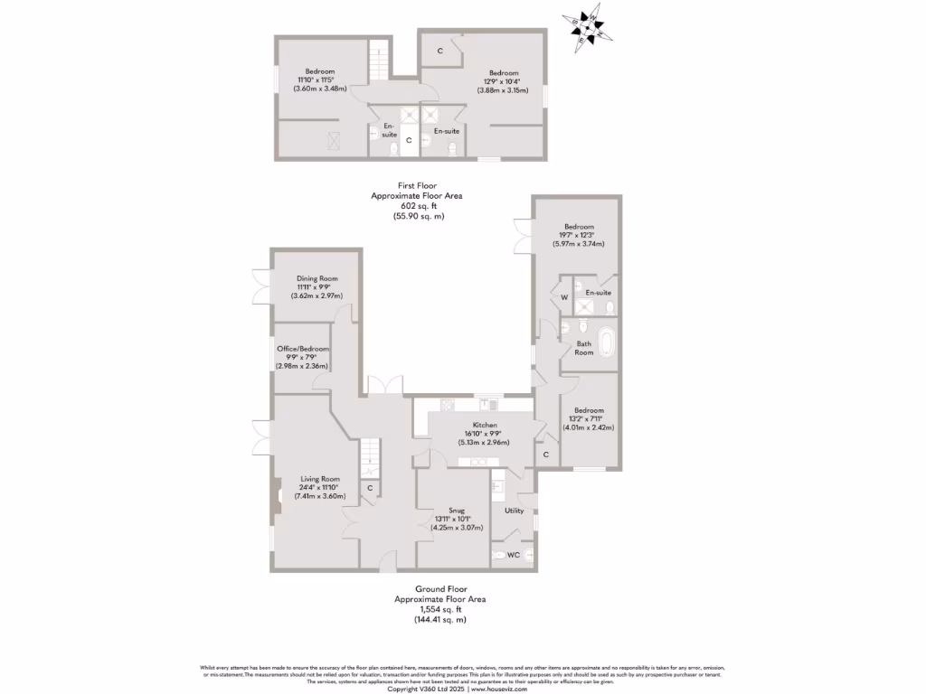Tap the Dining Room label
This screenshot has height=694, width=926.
click(317, 278)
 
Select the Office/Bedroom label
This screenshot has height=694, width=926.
click(303, 348)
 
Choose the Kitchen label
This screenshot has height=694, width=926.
click(485, 425)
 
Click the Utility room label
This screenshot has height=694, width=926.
click(514, 511)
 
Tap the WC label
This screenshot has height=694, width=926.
click(513, 555)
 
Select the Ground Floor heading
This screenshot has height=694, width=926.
click(429, 588)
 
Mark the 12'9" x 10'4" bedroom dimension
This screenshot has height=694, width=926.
click(504, 81)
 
